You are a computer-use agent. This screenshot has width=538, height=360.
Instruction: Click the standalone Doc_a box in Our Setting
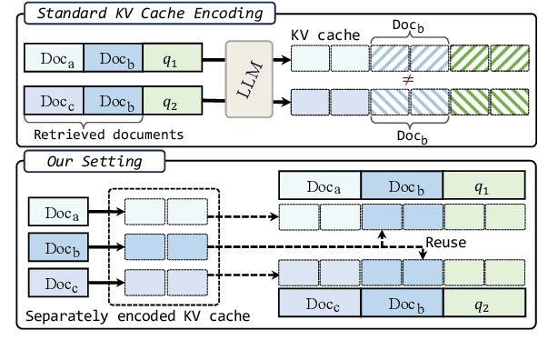click(58, 212)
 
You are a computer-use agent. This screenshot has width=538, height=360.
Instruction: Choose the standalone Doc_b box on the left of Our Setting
click(58, 245)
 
